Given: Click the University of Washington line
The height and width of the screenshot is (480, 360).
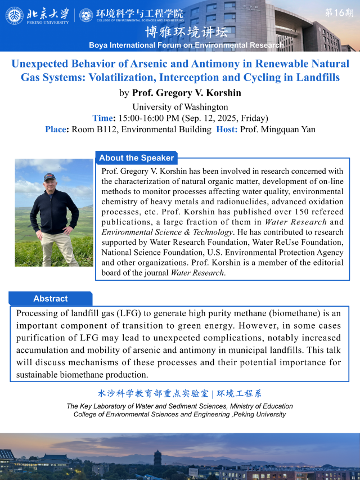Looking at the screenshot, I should pyautogui.click(x=180, y=107).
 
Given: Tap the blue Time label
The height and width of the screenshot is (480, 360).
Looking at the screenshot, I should pyautogui.click(x=103, y=118).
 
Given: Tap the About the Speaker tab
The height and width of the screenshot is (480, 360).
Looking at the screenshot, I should pyautogui.click(x=136, y=158).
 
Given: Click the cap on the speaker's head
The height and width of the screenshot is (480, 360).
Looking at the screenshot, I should pyautogui.click(x=49, y=176).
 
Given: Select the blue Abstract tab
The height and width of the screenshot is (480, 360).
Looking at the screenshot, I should pyautogui.click(x=50, y=299).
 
